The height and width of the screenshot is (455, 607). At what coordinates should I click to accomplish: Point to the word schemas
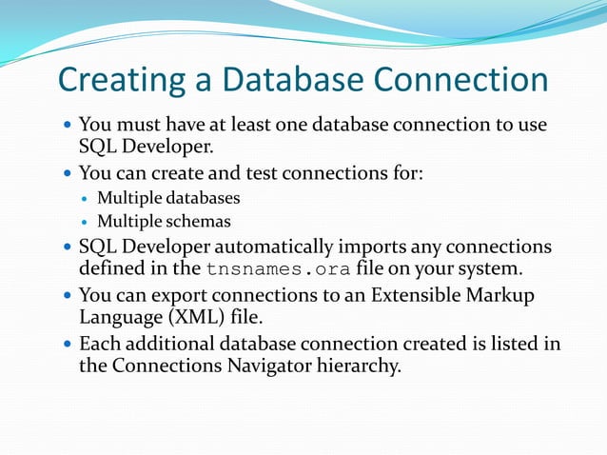pos(199,223)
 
